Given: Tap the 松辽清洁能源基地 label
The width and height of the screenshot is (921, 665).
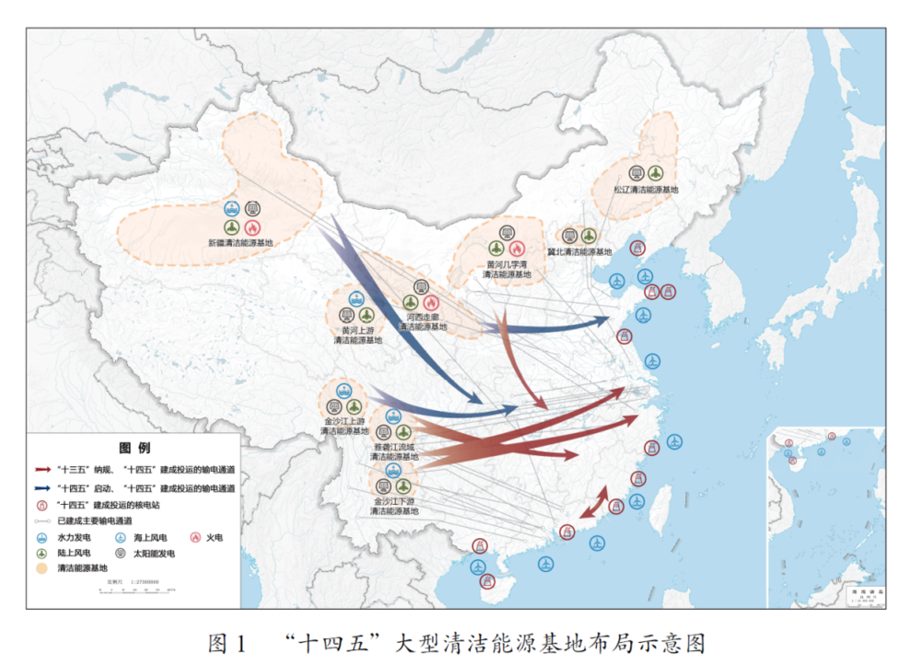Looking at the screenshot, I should [646, 189].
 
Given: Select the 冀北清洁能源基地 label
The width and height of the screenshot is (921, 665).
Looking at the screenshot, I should [579, 251].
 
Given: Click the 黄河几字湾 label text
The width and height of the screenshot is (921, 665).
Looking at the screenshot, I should [507, 264].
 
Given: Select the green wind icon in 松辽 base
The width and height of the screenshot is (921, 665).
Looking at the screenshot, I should [655, 172].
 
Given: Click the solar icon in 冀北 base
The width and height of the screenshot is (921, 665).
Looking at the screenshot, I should [569, 236].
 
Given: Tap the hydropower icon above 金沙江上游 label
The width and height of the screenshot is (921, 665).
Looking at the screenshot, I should [344, 391].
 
